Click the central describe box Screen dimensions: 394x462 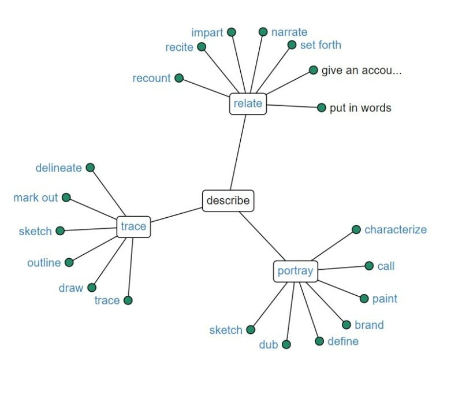pos(228,200)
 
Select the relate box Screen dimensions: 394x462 pos(248,104)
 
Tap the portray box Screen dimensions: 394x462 pos(295,271)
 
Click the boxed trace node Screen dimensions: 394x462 pos(133,226)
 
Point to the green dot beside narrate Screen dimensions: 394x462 pos(263,32)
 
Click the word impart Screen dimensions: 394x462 pos(207,32)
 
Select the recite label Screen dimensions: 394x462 pos(179,47)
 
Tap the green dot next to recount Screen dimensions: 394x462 pos(179,78)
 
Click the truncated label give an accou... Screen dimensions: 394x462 pos(362,70)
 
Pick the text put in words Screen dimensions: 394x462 pos(360,108)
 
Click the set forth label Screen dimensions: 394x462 pos(321,45)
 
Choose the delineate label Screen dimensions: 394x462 pos(58,168)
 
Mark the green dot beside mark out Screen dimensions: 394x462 pos(66,198)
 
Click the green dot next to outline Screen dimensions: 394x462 pos(69,262)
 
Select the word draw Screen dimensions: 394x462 pos(70,288)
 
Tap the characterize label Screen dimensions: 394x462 pos(395,229)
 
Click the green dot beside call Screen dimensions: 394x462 pos(369,266)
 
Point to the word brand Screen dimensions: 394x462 pos(368,325)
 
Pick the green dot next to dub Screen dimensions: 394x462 pos(286,344)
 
